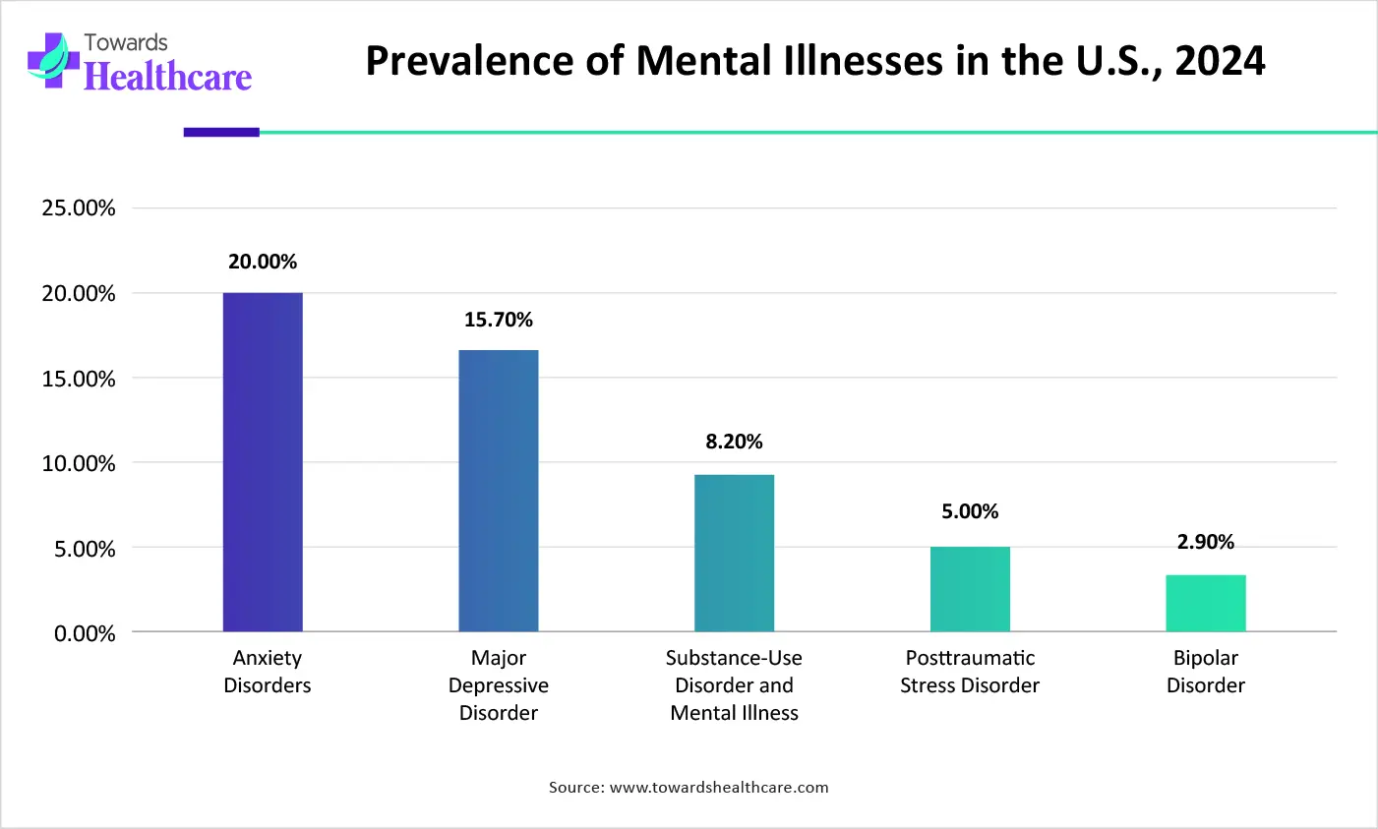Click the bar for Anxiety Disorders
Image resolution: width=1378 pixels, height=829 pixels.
point(263,462)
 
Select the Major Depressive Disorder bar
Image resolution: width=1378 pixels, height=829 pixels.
point(499,491)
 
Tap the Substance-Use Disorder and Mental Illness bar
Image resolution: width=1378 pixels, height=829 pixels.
point(734,553)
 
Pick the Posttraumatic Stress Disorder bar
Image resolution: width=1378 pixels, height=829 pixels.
point(970,589)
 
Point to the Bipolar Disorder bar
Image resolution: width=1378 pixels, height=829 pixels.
point(1206,603)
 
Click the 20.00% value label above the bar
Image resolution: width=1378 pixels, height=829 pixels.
point(263,262)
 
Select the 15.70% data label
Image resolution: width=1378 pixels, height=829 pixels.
point(499,320)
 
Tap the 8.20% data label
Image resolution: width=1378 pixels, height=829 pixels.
point(734,442)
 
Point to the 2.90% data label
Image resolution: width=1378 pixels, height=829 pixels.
point(1206,542)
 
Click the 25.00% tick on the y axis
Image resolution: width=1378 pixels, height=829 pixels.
point(79,208)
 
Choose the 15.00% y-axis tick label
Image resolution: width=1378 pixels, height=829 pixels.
point(79,379)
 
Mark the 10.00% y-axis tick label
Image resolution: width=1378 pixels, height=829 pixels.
point(79,463)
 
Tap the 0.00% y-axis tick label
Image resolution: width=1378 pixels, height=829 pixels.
point(85,633)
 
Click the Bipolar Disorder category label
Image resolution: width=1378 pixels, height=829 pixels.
point(1206,672)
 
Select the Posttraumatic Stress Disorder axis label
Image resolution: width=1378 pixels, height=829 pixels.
point(970,672)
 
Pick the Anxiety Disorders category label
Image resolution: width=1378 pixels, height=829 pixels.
point(268,672)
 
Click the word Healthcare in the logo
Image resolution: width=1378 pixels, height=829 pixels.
point(168,76)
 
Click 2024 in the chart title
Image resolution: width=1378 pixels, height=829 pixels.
point(1220,61)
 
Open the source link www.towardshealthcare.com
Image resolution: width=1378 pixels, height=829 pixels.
point(719,787)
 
